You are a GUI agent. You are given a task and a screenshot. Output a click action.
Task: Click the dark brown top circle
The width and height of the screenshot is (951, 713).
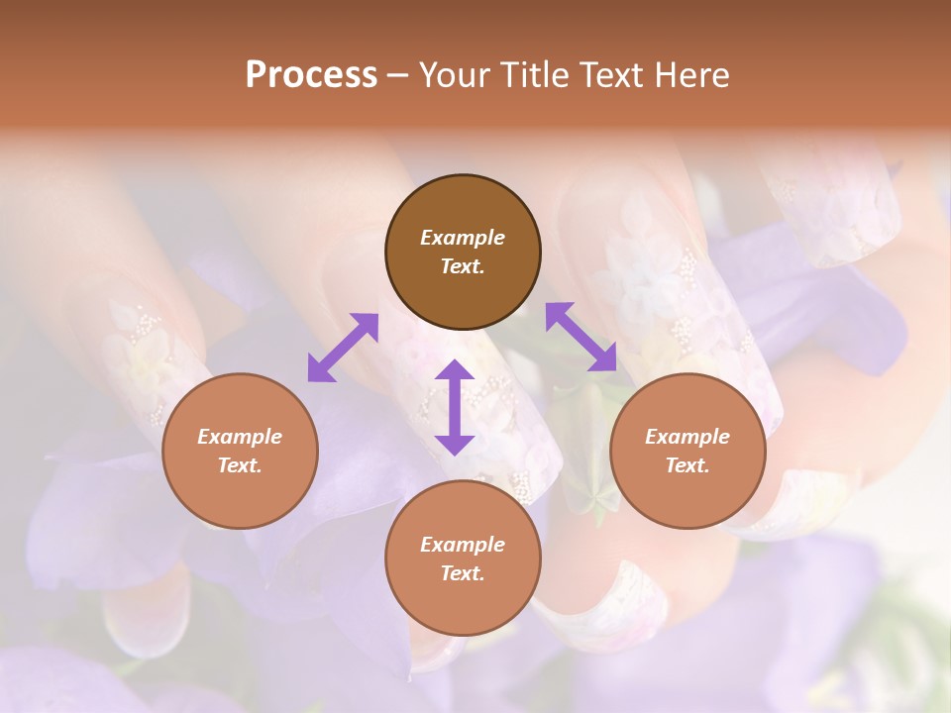pyautogui.click(x=463, y=252)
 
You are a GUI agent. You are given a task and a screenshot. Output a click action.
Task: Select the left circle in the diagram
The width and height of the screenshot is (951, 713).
pyautogui.click(x=240, y=451)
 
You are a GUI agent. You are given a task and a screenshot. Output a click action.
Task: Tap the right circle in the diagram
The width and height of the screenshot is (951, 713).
pyautogui.click(x=687, y=451)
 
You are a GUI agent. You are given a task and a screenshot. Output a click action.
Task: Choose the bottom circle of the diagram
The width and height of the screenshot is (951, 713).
pyautogui.click(x=463, y=559)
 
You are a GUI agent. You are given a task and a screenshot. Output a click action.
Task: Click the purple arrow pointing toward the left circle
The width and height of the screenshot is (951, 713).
pyautogui.click(x=343, y=347)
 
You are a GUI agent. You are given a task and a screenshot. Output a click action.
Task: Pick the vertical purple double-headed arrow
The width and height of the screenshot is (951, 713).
pyautogui.click(x=455, y=407)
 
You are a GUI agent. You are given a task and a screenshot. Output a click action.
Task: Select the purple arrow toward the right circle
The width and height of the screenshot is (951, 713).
pyautogui.click(x=581, y=337)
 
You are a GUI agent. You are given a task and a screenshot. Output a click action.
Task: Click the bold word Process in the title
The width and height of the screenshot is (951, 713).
pyautogui.click(x=311, y=74)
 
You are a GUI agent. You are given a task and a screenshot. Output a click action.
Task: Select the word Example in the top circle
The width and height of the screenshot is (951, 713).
pyautogui.click(x=463, y=238)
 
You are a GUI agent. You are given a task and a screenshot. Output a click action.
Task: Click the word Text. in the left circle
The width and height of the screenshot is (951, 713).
pyautogui.click(x=240, y=465)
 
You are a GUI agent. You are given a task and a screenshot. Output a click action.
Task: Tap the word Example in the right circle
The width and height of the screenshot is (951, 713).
pyautogui.click(x=687, y=437)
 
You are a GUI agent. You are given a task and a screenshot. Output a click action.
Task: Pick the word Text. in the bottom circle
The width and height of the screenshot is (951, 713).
pyautogui.click(x=463, y=573)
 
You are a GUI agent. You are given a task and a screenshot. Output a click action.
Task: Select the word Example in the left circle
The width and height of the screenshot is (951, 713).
pyautogui.click(x=240, y=437)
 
